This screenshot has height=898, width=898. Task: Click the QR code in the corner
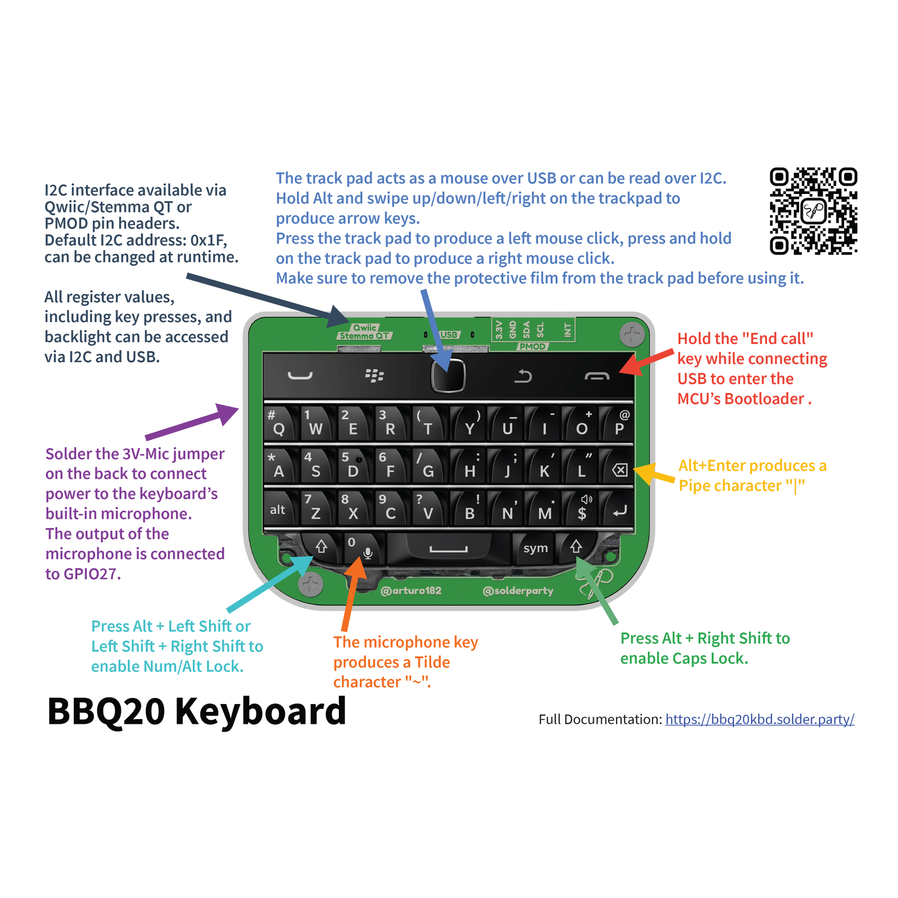[813, 211]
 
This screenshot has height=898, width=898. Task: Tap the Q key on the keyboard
[280, 424]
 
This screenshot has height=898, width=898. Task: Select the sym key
[535, 548]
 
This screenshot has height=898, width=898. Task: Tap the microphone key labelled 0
[360, 548]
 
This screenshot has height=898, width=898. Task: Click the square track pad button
[448, 376]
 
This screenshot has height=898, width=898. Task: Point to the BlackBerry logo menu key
[374, 376]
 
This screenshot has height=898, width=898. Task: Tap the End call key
[597, 376]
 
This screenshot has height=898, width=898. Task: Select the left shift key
[321, 546]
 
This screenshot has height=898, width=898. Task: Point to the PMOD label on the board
[532, 346]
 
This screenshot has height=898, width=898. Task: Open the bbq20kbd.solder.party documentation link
[759, 719]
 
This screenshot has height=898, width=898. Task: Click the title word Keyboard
[260, 711]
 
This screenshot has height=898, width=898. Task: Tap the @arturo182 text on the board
[411, 591]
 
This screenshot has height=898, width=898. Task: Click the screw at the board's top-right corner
[632, 335]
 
